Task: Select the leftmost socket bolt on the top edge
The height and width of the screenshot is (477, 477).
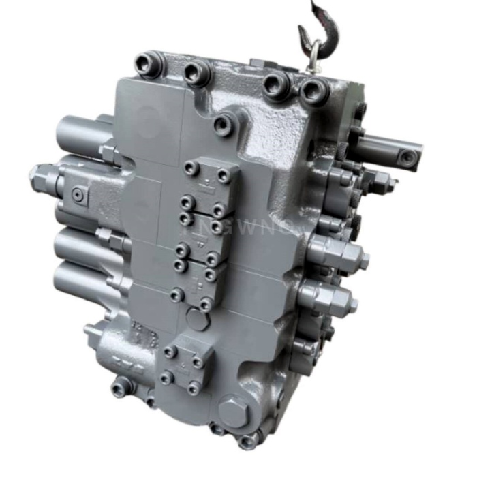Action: (x=147, y=65)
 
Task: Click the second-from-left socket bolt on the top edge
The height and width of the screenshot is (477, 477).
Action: (x=196, y=70)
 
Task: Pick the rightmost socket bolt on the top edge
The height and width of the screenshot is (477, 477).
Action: (x=315, y=90)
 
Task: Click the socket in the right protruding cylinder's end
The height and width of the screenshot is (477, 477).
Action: (x=408, y=157)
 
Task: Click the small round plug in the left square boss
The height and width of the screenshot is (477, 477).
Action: (x=78, y=196)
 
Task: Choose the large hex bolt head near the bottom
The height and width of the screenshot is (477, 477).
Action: (x=234, y=412)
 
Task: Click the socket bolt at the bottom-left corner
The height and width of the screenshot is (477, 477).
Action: (x=119, y=389)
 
